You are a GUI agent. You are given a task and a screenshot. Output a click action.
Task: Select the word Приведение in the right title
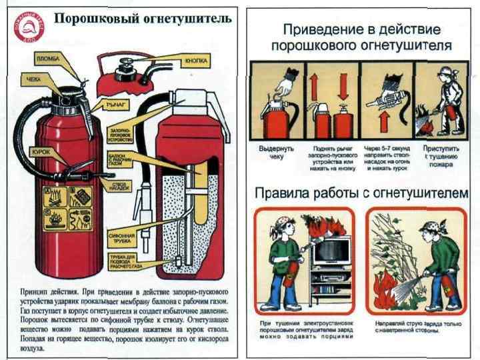coord(323,30)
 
